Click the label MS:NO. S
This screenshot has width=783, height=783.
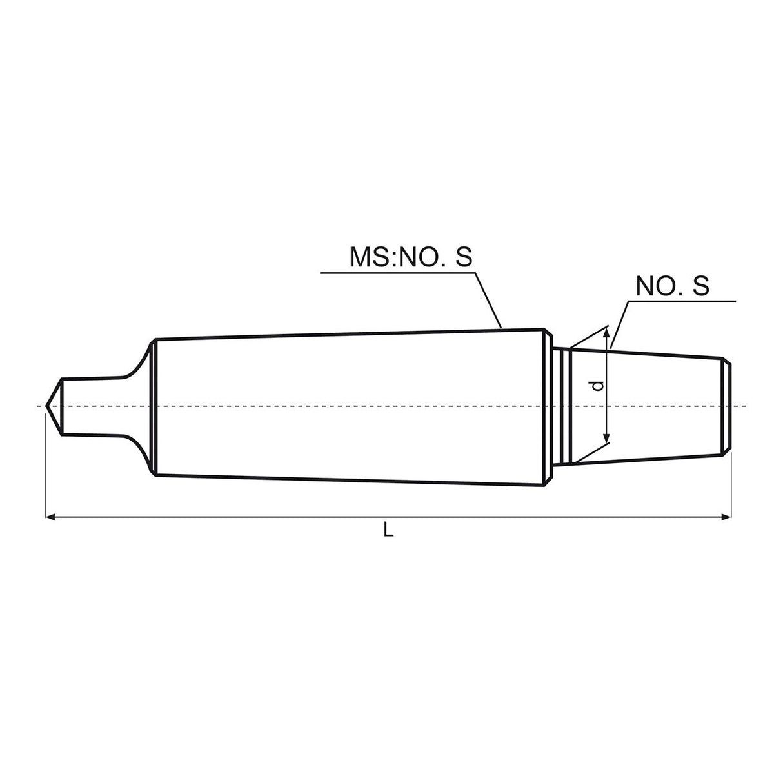[x=411, y=257]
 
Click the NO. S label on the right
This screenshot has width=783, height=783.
[x=672, y=286]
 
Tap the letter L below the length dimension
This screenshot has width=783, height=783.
[x=388, y=530]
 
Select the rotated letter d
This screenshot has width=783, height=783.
[x=598, y=386]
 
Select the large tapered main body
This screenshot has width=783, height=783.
[x=348, y=406]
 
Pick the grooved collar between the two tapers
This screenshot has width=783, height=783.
[x=562, y=406]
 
